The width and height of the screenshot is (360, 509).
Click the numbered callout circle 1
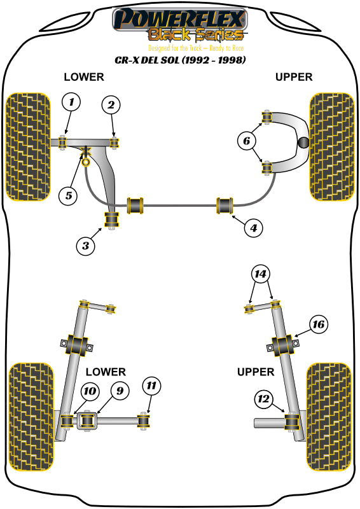pyautogui.click(x=72, y=102)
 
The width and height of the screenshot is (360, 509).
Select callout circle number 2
pyautogui.click(x=111, y=105)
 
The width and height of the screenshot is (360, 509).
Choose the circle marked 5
pyautogui.click(x=69, y=195)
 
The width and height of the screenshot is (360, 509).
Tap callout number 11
pyautogui.click(x=151, y=386)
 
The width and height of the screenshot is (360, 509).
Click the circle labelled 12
pyautogui.click(x=263, y=399)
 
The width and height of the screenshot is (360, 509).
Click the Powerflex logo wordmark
pyautogui.click(x=179, y=19)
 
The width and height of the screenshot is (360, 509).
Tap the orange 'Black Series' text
pyautogui.click(x=196, y=36)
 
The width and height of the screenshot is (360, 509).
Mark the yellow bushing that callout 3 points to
pyautogui.click(x=113, y=220)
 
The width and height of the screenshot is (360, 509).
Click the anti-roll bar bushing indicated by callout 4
pyautogui.click(x=226, y=206)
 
